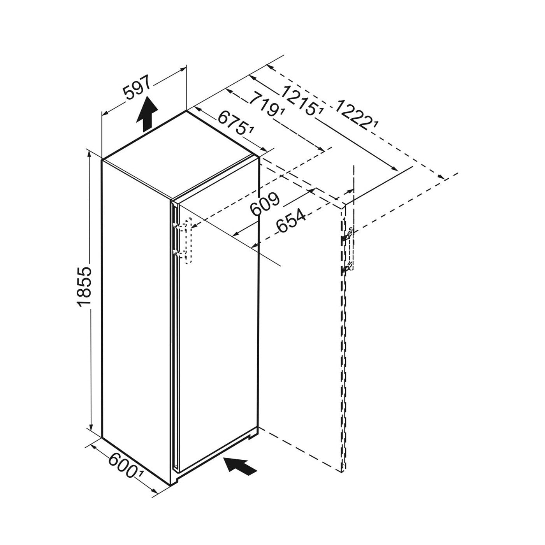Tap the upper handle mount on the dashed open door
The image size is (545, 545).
[x=347, y=235]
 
